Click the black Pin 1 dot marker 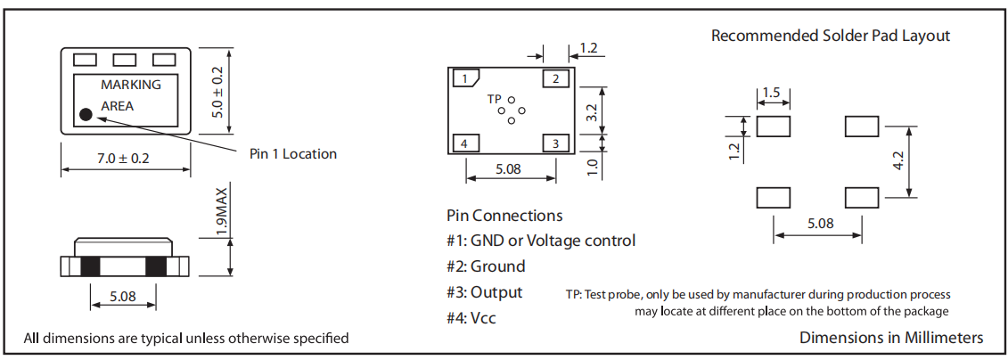[86, 114]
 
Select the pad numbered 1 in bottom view [466, 79]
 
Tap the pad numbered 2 [556, 79]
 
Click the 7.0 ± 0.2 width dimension [124, 159]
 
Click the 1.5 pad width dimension [772, 94]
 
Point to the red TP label [494, 99]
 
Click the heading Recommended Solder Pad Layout [830, 36]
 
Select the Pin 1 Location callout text [293, 154]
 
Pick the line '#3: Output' [484, 292]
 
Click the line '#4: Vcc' [472, 317]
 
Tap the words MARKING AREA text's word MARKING [131, 86]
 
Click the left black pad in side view [90, 266]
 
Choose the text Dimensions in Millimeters [891, 338]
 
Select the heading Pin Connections [504, 216]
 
